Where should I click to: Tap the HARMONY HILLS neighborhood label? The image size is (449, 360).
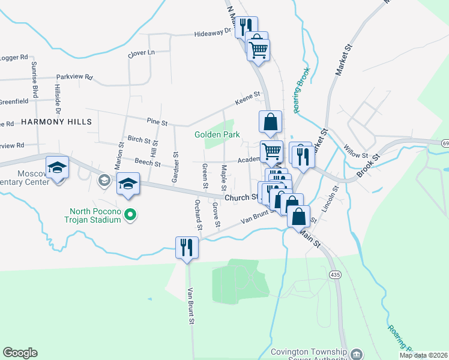tap(56, 122)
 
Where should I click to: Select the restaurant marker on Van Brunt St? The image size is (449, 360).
tap(186, 247)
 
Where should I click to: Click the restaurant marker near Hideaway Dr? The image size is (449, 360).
tap(246, 27)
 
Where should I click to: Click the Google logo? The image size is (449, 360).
tap(20, 353)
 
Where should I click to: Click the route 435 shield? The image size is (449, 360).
tap(335, 274)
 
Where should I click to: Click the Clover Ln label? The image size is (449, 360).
tap(141, 53)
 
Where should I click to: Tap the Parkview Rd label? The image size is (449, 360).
tap(74, 77)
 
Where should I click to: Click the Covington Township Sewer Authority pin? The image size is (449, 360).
tap(357, 353)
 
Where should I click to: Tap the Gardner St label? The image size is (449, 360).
tap(176, 163)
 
